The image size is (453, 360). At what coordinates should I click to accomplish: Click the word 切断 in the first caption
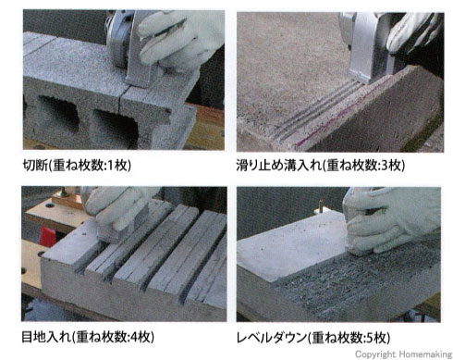35,166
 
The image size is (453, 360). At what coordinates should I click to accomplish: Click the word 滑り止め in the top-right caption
260,166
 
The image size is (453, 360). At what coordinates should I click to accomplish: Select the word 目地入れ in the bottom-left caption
45,337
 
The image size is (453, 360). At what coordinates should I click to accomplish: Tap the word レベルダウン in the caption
272,338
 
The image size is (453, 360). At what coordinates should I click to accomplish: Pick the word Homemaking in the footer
425,354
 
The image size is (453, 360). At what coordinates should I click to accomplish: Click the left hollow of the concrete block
58,112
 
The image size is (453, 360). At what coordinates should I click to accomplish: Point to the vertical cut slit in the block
119,100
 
